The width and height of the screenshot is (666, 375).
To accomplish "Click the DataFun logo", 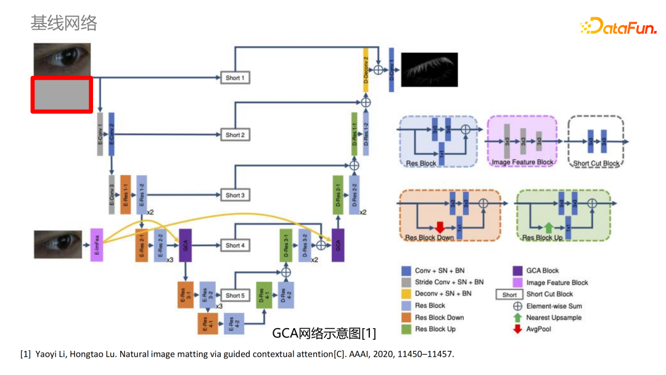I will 619,26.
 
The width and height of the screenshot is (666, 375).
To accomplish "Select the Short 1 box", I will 234,78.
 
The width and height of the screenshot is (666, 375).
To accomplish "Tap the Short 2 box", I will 234,135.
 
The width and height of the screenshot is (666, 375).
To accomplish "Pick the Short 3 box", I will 234,196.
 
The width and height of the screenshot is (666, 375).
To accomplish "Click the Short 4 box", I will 234,245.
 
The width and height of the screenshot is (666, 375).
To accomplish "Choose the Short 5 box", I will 234,296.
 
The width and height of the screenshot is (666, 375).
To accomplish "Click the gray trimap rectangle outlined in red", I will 62,94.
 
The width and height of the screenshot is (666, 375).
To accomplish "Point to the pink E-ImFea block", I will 96,245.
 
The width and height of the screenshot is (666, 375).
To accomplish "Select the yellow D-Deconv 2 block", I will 366,70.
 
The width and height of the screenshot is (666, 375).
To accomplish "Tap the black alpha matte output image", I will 429,69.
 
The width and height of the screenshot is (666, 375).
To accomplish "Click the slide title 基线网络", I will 64,23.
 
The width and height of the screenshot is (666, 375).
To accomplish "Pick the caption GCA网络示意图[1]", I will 324,334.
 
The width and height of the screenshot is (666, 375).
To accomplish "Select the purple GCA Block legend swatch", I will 518,270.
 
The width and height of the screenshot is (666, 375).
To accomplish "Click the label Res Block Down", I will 430,237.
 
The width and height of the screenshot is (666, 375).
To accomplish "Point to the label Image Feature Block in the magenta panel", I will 522,162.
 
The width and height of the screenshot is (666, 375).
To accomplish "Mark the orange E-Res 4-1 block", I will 204,323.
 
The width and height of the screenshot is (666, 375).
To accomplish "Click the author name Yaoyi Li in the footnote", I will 51,354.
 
